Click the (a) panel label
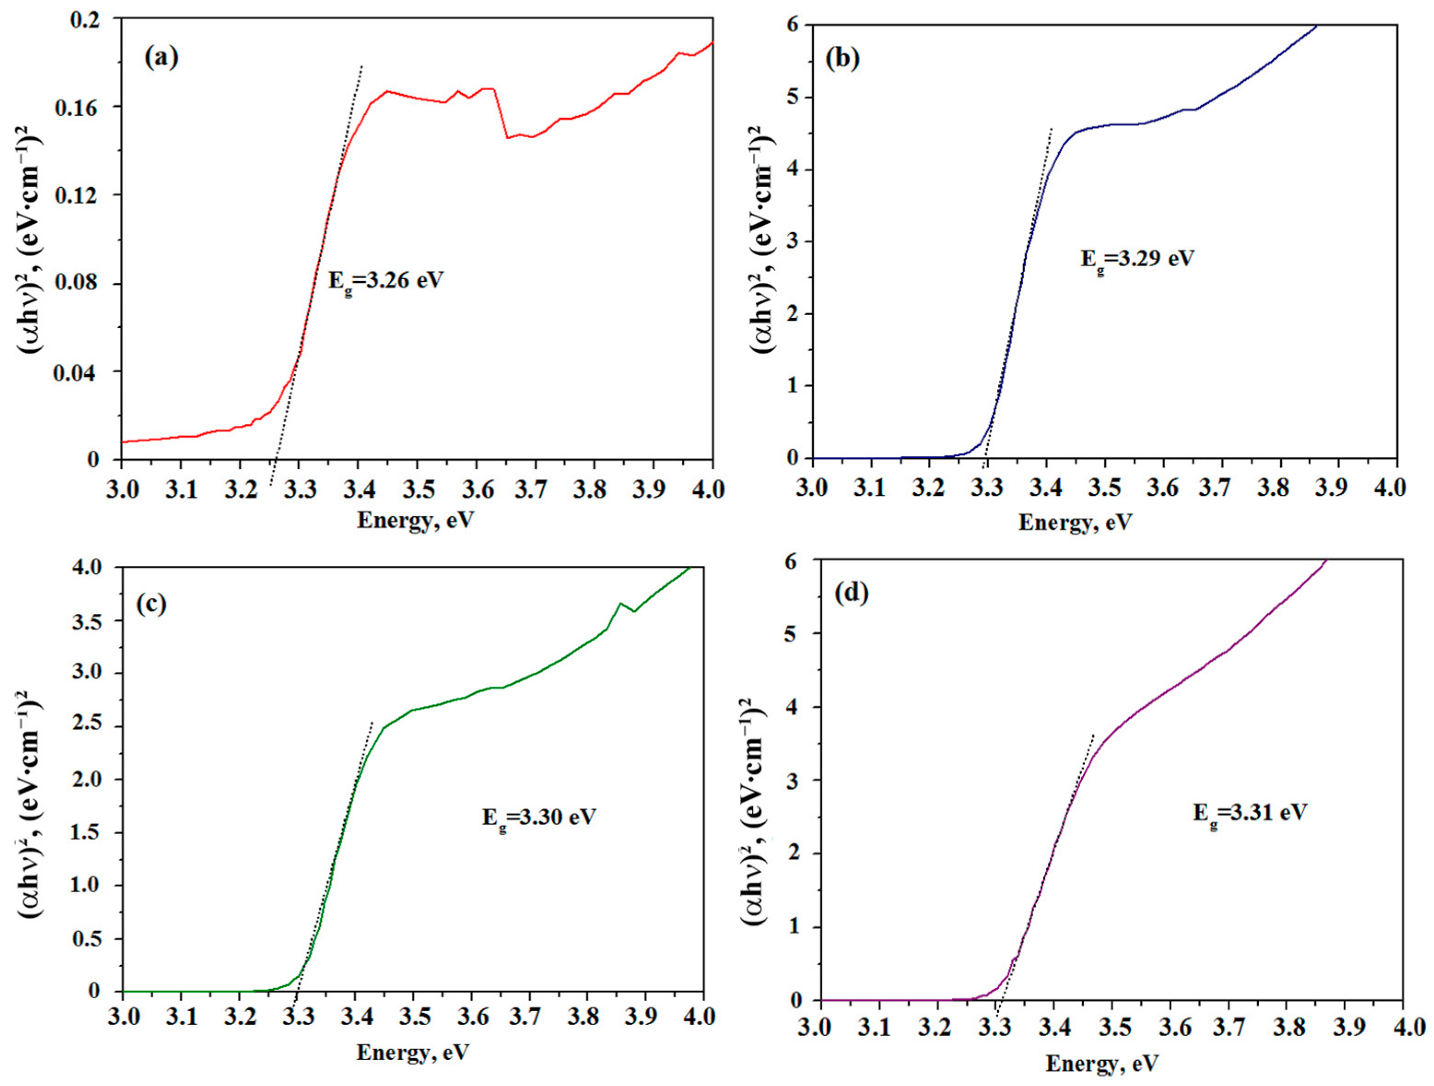161,58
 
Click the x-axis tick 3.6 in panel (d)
1170,1027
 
